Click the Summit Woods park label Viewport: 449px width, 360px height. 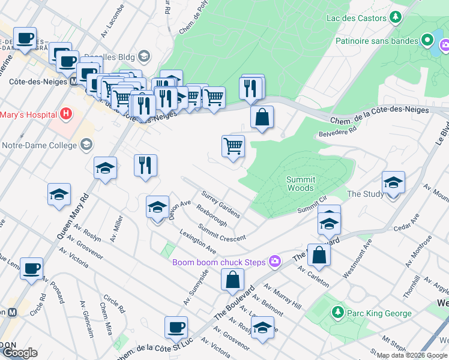point(300,184)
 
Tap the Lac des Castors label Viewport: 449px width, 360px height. point(356,18)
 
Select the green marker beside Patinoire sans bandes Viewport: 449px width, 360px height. point(427,41)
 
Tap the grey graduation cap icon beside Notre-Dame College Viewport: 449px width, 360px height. point(87,145)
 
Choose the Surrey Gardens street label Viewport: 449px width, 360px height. point(220,205)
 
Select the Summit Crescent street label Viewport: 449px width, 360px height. point(221,233)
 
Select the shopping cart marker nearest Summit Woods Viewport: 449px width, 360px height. point(233,146)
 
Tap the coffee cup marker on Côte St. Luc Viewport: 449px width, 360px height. point(176,328)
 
